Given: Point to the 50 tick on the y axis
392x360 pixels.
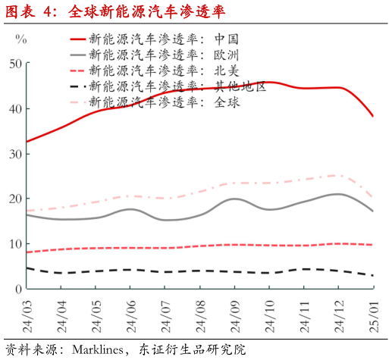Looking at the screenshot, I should (14, 64).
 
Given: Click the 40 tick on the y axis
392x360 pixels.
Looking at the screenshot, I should (14, 108).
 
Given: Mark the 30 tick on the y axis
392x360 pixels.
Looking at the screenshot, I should (14, 154).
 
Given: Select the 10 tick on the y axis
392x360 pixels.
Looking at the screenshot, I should (14, 244).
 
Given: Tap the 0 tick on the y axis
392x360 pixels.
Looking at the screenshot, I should (17, 289).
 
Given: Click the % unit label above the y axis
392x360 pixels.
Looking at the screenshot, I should (20, 38).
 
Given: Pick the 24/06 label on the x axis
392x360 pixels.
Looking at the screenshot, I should (130, 314).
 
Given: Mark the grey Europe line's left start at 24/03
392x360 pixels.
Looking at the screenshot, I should (27, 214).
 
